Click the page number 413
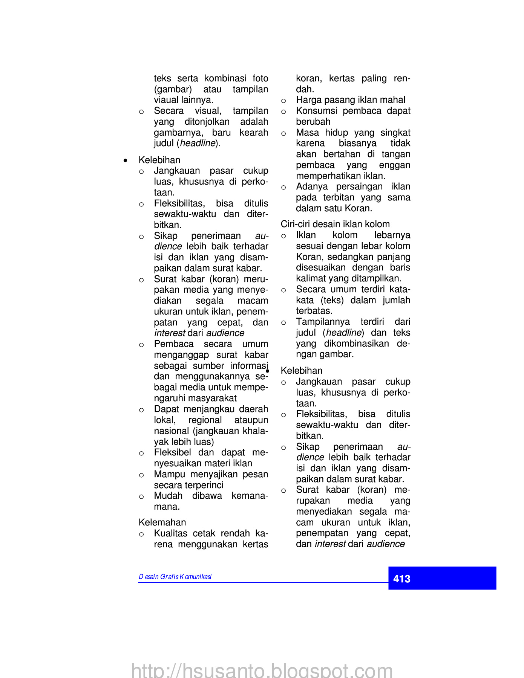(x=401, y=579)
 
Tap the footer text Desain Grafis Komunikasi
(x=175, y=577)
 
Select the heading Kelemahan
(x=162, y=522)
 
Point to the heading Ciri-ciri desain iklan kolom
(x=335, y=224)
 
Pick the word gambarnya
(x=178, y=133)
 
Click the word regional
(x=205, y=420)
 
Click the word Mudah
(x=168, y=496)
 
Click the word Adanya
(x=312, y=186)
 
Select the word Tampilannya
(x=323, y=322)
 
